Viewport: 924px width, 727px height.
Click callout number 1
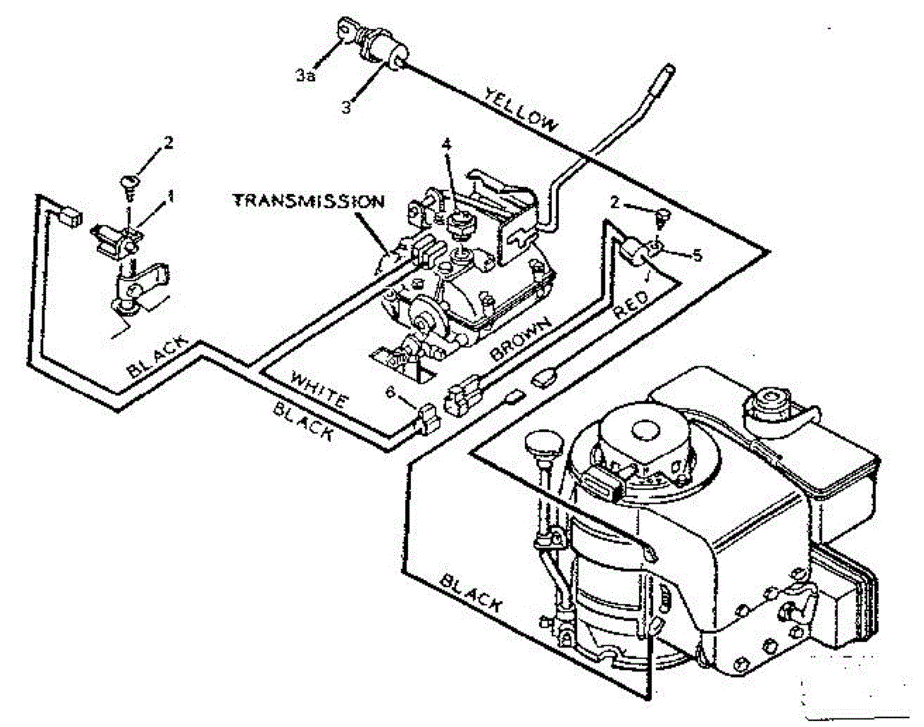171,197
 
